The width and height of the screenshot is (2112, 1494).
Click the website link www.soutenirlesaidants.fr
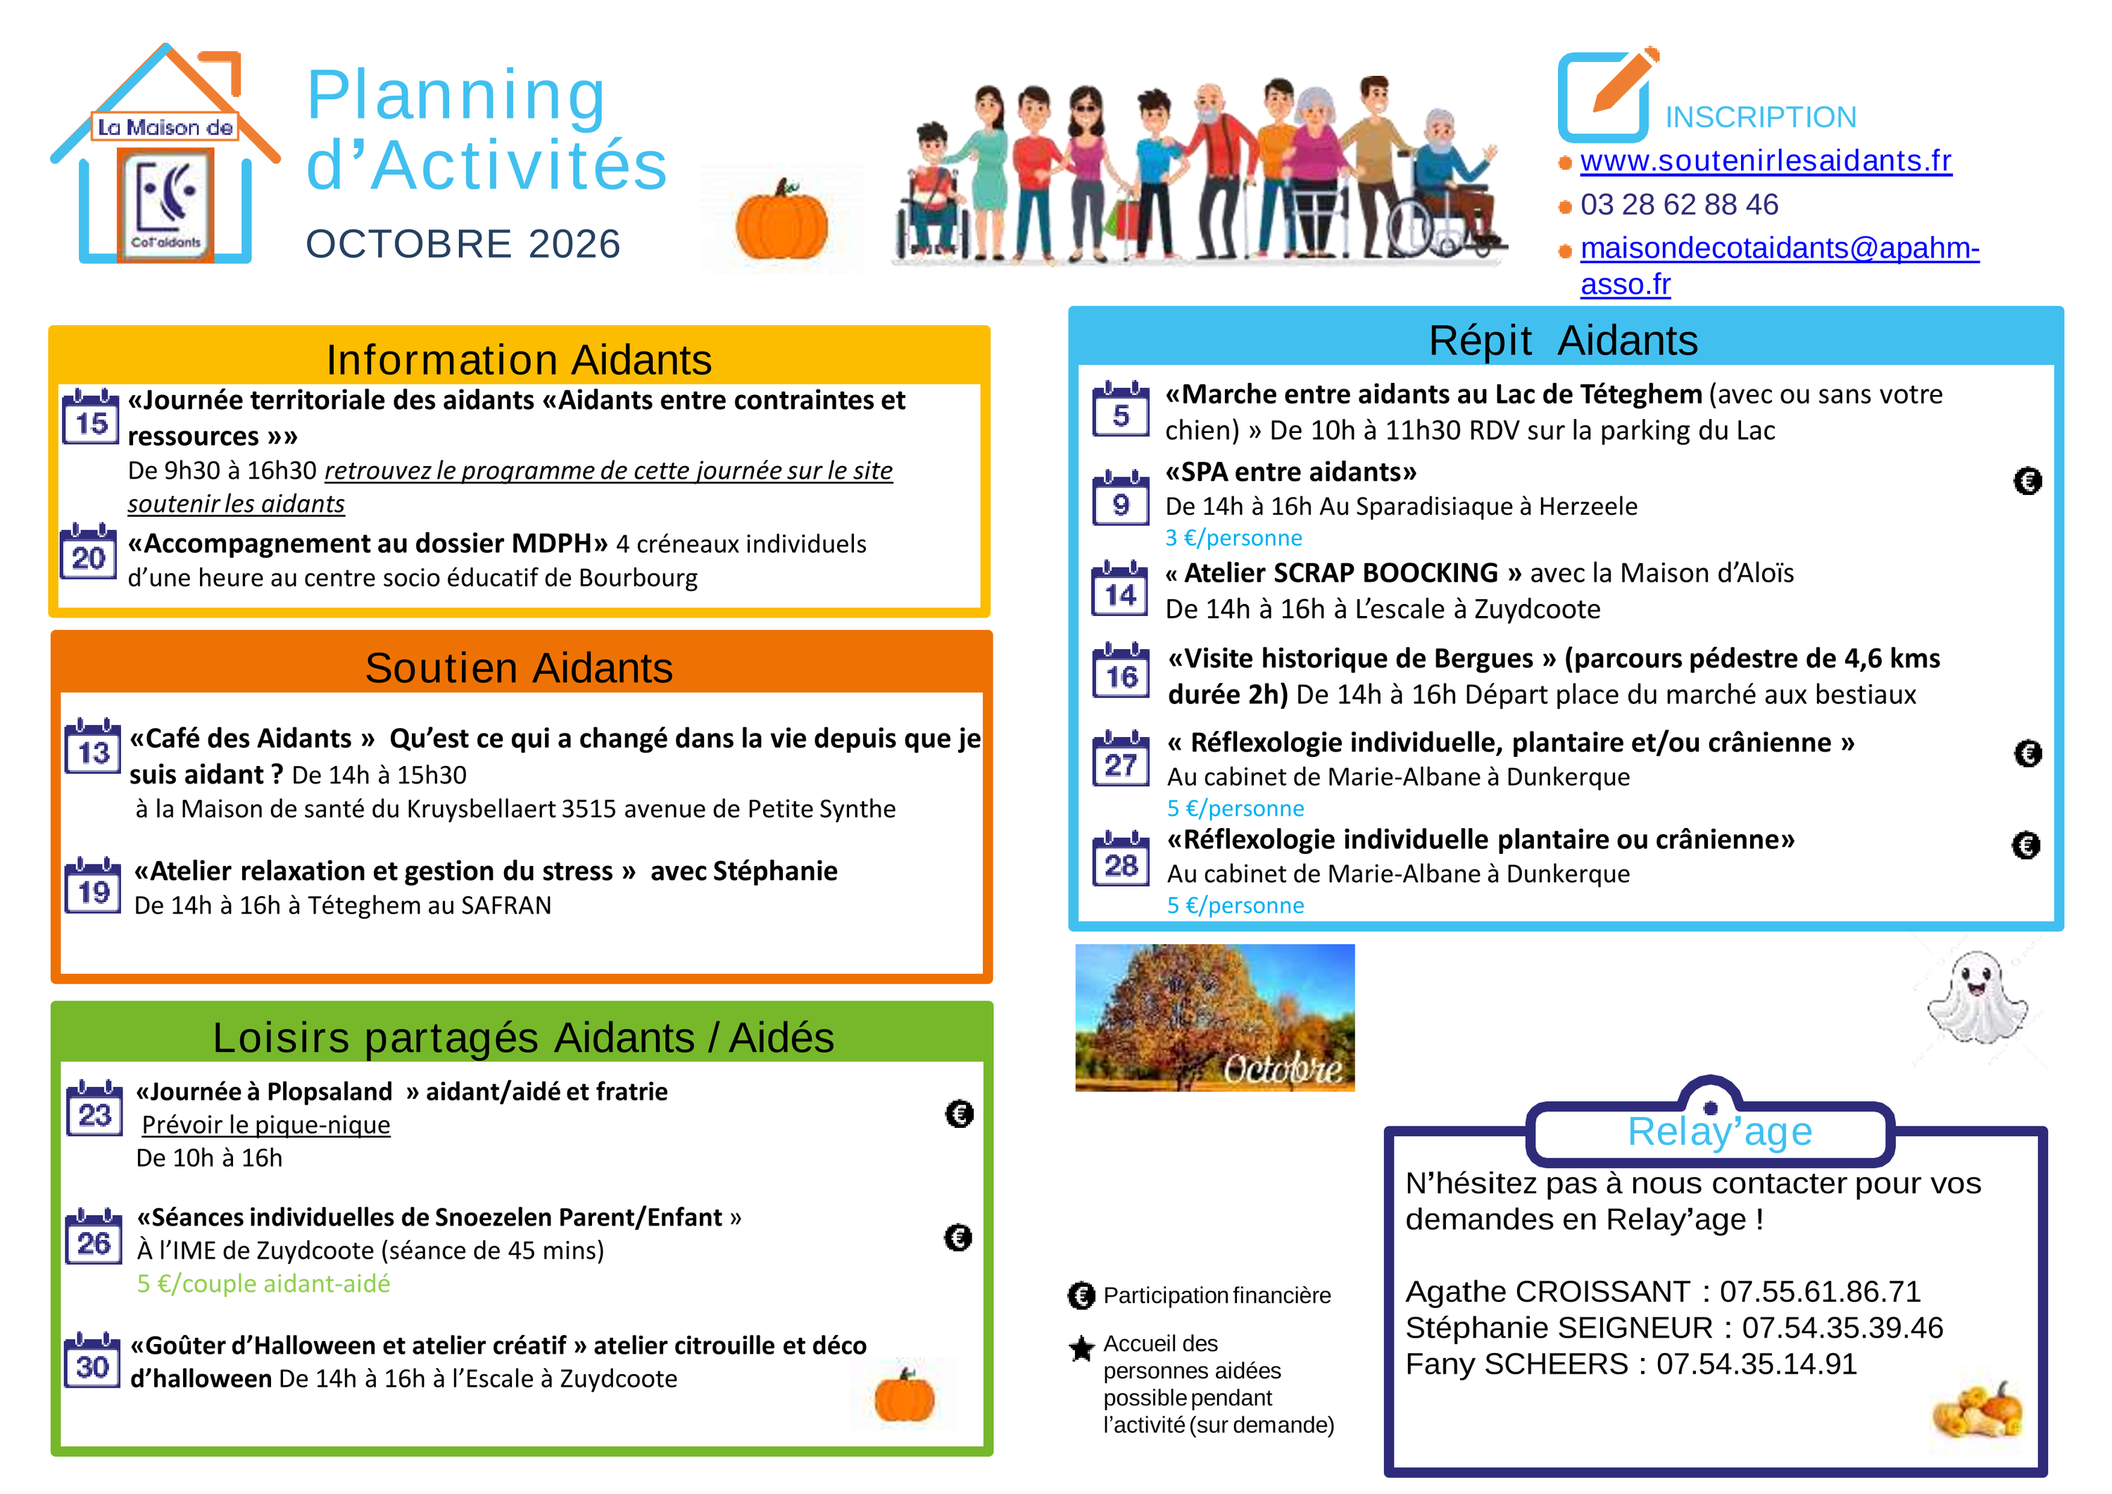click(x=1765, y=161)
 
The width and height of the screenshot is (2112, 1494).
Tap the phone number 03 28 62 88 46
click(x=1679, y=204)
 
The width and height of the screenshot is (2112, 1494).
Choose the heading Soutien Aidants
click(x=519, y=668)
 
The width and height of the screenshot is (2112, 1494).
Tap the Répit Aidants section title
click(x=1563, y=340)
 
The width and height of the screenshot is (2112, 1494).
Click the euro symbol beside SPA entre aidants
click(x=2028, y=480)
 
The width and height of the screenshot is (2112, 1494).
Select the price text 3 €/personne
click(x=1233, y=537)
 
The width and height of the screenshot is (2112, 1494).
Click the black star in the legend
click(x=1082, y=1349)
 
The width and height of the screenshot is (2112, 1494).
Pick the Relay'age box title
click(x=1719, y=1131)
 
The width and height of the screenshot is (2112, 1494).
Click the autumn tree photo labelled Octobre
click(x=1214, y=1017)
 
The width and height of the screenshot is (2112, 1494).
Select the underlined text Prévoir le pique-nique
click(x=266, y=1125)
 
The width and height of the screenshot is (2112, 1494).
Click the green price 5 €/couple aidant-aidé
click(x=264, y=1283)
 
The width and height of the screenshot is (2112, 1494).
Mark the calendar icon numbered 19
click(x=93, y=885)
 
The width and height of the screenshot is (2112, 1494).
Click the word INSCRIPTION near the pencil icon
click(x=1761, y=118)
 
